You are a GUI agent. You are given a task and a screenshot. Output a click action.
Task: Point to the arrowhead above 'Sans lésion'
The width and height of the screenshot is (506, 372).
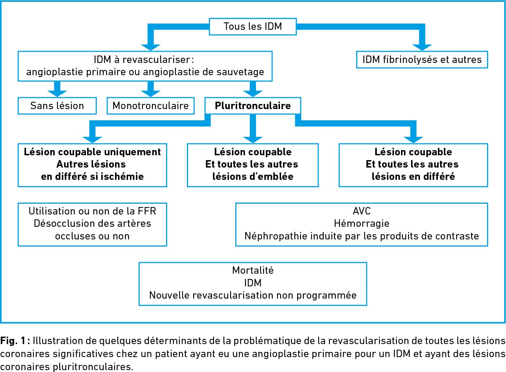(x=57, y=93)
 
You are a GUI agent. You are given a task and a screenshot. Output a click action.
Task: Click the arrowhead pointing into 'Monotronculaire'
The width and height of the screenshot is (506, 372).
(x=150, y=93)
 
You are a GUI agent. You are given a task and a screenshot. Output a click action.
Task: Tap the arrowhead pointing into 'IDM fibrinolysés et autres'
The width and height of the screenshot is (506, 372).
(x=422, y=47)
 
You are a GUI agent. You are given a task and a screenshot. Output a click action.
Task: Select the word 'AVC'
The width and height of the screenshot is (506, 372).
(x=362, y=211)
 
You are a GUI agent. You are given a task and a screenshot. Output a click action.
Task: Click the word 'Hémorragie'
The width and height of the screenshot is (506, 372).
(x=362, y=223)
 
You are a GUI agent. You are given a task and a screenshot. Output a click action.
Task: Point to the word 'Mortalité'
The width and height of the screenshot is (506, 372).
(x=253, y=270)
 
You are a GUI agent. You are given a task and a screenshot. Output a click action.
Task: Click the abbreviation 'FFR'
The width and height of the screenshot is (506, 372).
(x=147, y=211)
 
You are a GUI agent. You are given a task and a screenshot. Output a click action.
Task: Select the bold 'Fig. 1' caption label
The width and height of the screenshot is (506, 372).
(x=13, y=341)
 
